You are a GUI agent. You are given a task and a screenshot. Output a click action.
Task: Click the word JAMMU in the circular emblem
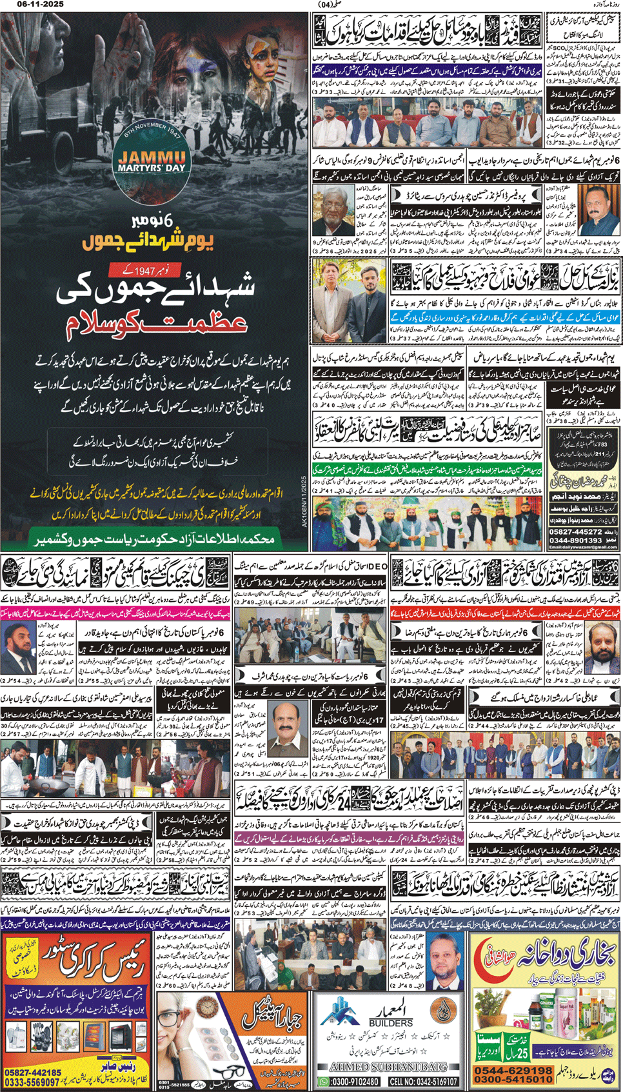tap(152, 157)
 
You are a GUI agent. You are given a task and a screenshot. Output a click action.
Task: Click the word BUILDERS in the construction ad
tap(391, 1023)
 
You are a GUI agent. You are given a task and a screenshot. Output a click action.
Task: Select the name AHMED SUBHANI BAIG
tap(386, 1067)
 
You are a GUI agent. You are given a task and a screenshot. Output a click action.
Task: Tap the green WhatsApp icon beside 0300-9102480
tap(323, 1081)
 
